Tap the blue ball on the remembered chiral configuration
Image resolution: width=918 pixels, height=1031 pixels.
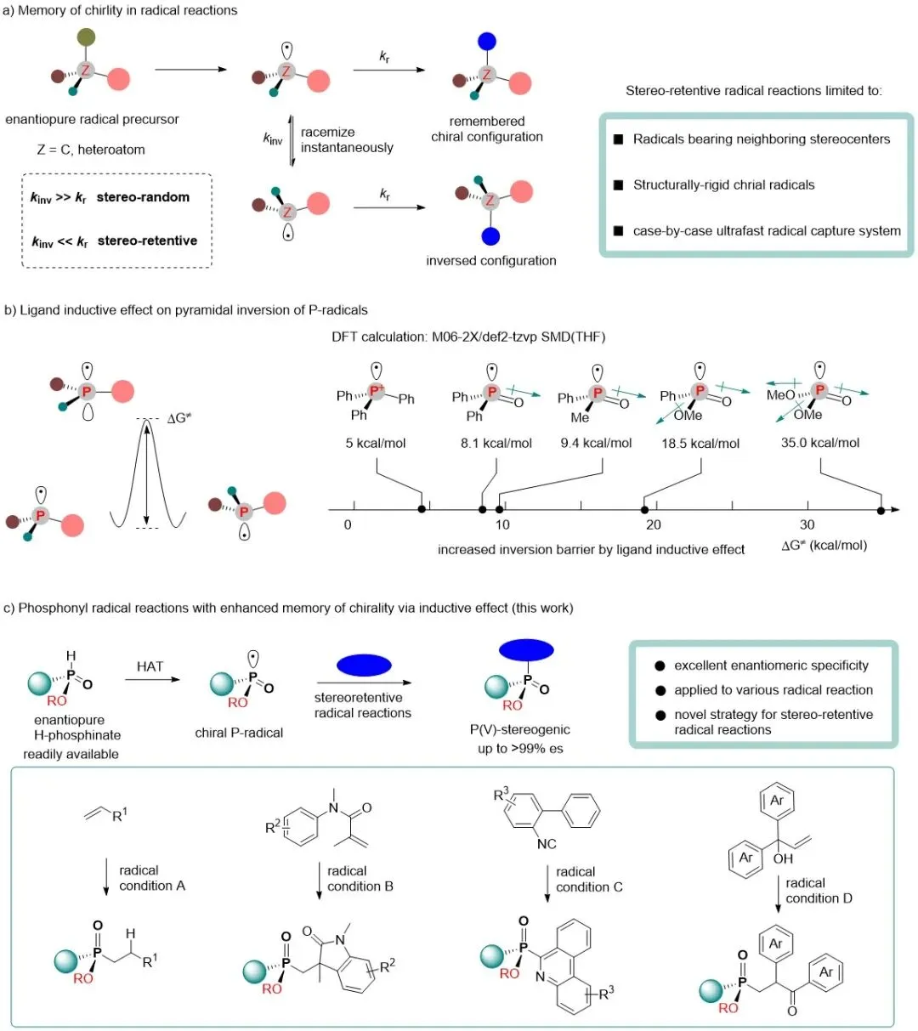(x=487, y=41)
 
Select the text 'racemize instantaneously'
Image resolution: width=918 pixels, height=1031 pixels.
(x=347, y=139)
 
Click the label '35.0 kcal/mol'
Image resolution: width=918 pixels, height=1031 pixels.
(x=820, y=442)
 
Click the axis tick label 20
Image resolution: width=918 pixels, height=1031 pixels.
(x=653, y=524)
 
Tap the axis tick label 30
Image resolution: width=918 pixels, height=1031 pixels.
(x=807, y=524)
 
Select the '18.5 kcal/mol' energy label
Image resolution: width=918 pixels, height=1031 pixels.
(x=700, y=443)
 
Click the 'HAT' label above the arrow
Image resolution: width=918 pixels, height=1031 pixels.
(x=150, y=666)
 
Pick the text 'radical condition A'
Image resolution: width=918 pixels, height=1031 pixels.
(x=152, y=878)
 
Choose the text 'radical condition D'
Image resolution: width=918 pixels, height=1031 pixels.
(x=819, y=891)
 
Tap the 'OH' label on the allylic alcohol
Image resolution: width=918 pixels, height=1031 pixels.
(x=783, y=858)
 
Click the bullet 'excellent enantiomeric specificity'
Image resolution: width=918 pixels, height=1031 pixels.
(x=771, y=666)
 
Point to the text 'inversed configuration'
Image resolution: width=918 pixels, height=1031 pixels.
(x=491, y=260)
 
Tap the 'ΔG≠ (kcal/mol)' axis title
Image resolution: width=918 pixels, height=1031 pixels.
(x=824, y=545)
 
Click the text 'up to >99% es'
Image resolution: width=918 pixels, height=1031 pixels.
(x=520, y=748)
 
